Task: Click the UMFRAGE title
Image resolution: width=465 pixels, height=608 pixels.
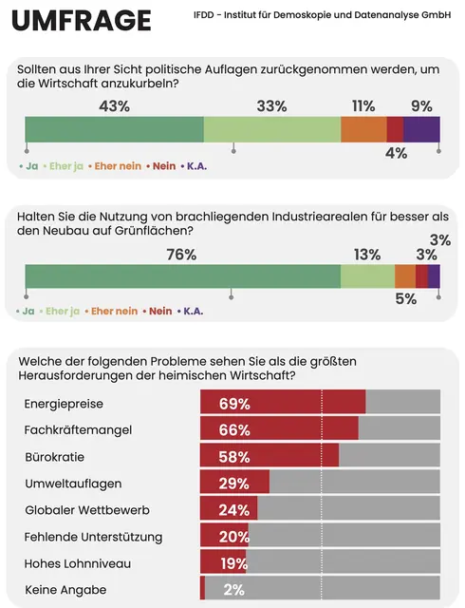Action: pyautogui.click(x=81, y=20)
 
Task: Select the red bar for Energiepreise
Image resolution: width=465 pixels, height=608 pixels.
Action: pyautogui.click(x=283, y=403)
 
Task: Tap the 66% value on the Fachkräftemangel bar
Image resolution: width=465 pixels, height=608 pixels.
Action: pyautogui.click(x=233, y=429)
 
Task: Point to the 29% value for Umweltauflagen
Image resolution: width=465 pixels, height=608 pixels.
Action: pyautogui.click(x=233, y=483)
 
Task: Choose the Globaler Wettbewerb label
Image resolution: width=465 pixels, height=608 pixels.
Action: pyautogui.click(x=86, y=509)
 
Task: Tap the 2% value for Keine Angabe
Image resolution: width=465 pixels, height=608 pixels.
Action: pyautogui.click(x=233, y=589)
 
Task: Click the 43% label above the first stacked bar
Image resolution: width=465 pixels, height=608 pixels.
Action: pyautogui.click(x=114, y=105)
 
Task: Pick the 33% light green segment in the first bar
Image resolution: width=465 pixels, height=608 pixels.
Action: pyautogui.click(x=271, y=129)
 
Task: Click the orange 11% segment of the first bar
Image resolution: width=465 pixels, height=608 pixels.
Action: pyautogui.click(x=363, y=129)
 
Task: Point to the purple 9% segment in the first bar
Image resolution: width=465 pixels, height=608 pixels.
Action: pyautogui.click(x=421, y=129)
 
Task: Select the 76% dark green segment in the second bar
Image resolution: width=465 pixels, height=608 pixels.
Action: pyautogui.click(x=182, y=276)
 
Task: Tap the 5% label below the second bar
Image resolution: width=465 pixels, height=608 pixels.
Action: pyautogui.click(x=405, y=299)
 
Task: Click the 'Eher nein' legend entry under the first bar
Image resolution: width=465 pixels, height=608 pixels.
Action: pyautogui.click(x=116, y=165)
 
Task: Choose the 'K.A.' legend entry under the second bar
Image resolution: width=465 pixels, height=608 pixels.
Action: pyautogui.click(x=193, y=311)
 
